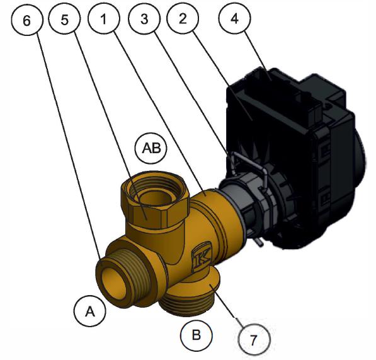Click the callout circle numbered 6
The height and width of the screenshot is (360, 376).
[27, 20]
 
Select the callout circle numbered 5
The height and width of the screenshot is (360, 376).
[64, 19]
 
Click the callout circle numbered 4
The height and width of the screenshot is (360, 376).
[234, 18]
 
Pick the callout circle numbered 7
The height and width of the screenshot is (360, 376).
[254, 339]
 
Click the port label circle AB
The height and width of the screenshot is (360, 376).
[151, 148]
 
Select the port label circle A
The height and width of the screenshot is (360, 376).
[89, 311]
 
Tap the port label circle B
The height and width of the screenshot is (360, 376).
[197, 335]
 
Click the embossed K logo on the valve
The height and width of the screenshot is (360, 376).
[202, 259]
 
